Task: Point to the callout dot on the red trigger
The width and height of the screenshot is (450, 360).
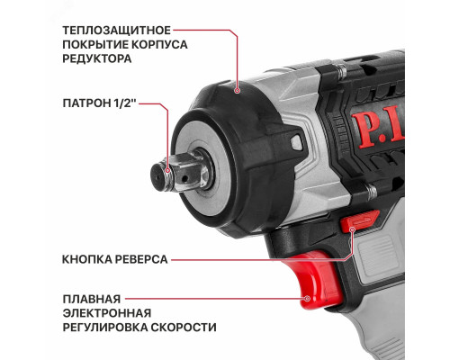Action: click(x=307, y=298)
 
